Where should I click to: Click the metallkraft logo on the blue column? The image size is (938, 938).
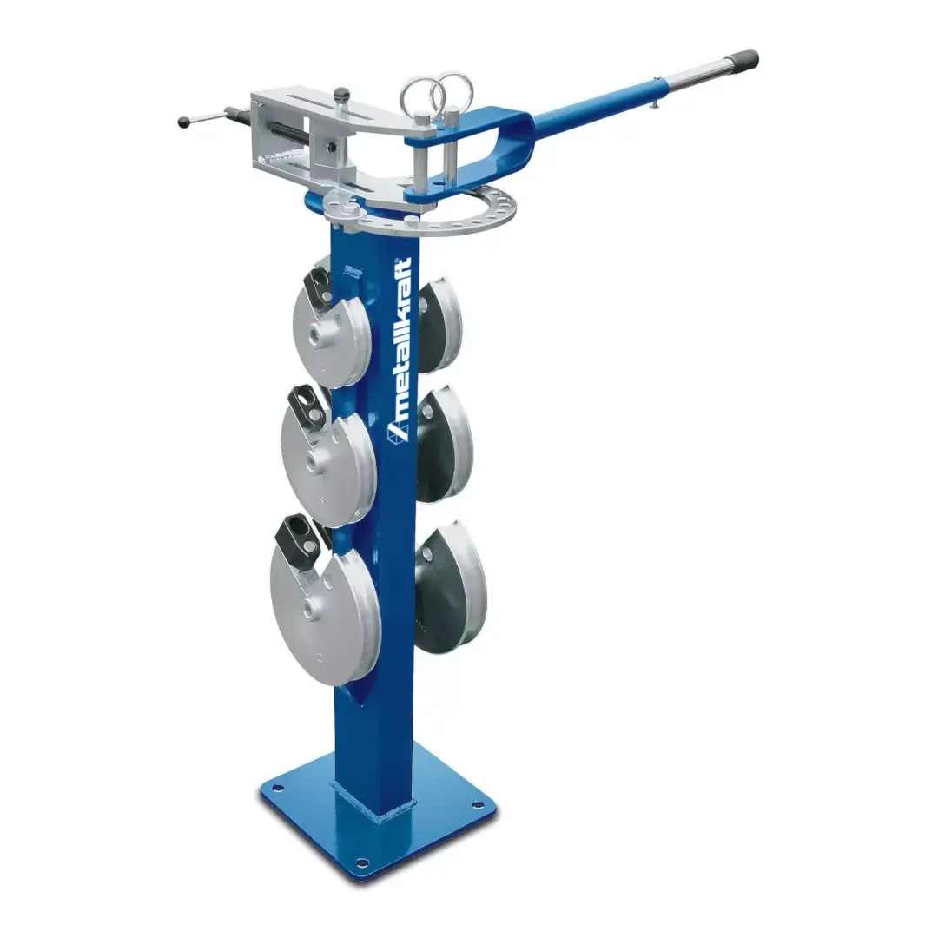[x=399, y=350]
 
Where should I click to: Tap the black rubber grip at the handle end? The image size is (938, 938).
[x=748, y=60]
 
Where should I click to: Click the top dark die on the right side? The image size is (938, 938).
[x=439, y=325]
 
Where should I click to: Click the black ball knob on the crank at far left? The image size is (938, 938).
[x=183, y=122]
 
